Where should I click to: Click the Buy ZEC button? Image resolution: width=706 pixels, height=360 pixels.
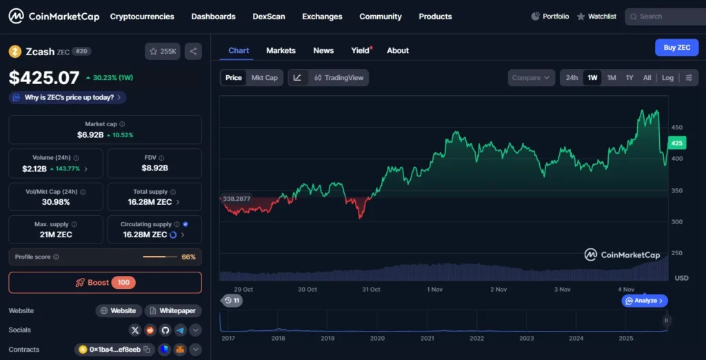coord(676,48)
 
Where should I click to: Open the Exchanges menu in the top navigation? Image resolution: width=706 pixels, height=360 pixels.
coord(322,17)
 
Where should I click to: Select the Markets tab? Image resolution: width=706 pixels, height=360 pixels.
coord(281,50)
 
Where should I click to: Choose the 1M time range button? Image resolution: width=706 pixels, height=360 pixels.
coord(612,78)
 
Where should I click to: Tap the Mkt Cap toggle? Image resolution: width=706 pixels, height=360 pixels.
coord(265,78)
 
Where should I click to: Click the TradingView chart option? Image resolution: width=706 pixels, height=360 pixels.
coord(339,78)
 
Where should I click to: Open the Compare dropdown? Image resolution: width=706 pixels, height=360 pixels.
coord(532,78)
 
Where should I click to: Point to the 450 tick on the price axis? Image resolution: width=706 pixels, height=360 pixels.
coord(677,128)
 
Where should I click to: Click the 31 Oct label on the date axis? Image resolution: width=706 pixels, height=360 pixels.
coord(371,290)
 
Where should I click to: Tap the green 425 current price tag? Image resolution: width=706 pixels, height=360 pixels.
coord(676,143)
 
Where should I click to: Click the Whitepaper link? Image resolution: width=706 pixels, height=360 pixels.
coord(173,311)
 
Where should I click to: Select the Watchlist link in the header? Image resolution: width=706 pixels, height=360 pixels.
coord(596,17)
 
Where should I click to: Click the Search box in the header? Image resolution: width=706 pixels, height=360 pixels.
coord(665,17)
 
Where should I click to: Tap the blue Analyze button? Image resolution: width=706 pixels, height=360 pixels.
coord(645,301)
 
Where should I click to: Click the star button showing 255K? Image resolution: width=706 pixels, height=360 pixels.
coord(163,51)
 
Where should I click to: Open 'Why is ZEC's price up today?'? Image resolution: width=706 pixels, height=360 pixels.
coord(68,97)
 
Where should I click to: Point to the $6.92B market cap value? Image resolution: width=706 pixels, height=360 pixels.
coord(90,135)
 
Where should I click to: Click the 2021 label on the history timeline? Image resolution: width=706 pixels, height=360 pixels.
coord(427,339)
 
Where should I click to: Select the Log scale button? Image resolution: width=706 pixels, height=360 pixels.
coord(667,78)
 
